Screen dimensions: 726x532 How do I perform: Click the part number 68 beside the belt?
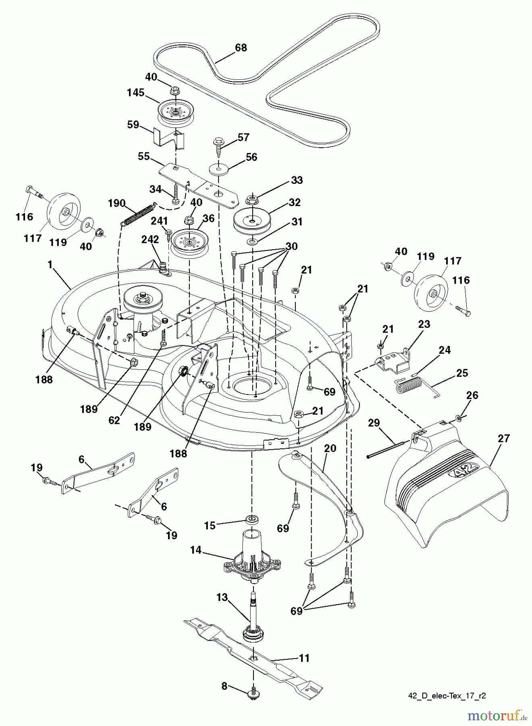[x=241, y=48]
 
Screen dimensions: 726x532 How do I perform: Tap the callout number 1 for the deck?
[x=50, y=265]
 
